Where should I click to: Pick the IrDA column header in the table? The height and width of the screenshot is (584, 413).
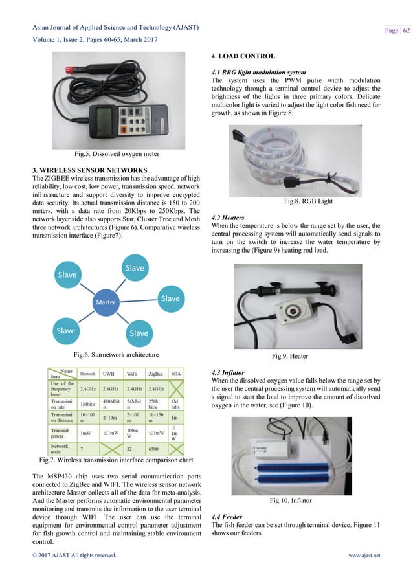click(176, 374)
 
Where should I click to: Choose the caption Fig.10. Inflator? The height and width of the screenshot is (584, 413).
click(308, 500)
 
